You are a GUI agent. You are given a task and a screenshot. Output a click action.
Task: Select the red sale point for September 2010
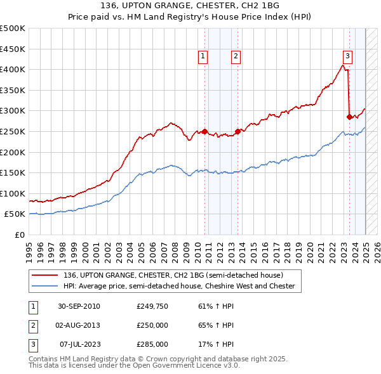pos(205,132)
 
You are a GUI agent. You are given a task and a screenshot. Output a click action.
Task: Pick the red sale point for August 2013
pos(237,131)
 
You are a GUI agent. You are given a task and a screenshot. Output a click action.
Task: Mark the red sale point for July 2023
pos(349,117)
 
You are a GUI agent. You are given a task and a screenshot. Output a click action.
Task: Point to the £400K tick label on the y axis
pos(13,69)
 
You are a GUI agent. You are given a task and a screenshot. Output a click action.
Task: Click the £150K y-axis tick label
pos(13,172)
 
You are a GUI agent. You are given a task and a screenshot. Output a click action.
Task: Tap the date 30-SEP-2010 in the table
pos(79,307)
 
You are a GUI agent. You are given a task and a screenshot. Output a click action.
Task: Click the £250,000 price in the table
pos(152,325)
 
